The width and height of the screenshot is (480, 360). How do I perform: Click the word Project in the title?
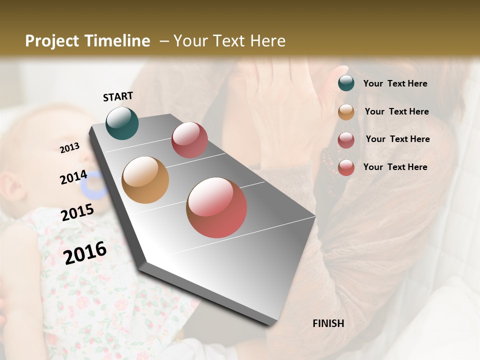51,41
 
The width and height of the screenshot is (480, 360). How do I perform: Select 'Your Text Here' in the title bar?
229,41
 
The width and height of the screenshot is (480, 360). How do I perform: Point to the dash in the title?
163,41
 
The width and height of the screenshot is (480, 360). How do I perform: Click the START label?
118,96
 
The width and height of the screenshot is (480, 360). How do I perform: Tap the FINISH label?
328,323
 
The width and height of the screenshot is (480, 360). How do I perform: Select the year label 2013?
70,148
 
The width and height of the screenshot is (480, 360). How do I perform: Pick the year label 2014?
74,177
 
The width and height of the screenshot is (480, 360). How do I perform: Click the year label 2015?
77,212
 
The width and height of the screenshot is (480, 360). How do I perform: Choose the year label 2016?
85,252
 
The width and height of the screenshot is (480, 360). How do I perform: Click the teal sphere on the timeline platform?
122,123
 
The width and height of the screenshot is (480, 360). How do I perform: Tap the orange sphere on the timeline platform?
145,180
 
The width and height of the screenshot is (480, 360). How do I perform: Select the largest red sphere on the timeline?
216,207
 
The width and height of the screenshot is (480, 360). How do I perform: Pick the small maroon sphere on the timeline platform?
189,140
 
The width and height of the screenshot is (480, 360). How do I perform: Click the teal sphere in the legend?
346,83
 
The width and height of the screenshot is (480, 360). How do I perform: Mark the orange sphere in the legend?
346,111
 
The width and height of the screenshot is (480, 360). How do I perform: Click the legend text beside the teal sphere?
395,83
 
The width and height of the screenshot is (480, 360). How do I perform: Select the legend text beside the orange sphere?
396,111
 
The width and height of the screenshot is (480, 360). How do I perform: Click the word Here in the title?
267,41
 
